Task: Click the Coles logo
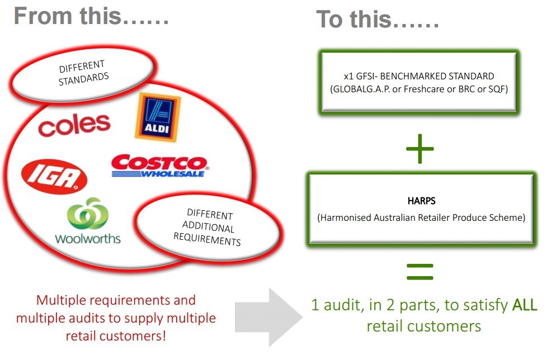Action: pyautogui.click(x=74, y=124)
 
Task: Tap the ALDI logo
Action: pyautogui.click(x=157, y=117)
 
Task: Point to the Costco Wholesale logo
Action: pyautogui.click(x=159, y=166)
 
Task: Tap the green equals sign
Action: pyautogui.click(x=419, y=272)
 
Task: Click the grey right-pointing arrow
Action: pyautogui.click(x=267, y=315)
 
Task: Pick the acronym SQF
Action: pyautogui.click(x=493, y=88)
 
